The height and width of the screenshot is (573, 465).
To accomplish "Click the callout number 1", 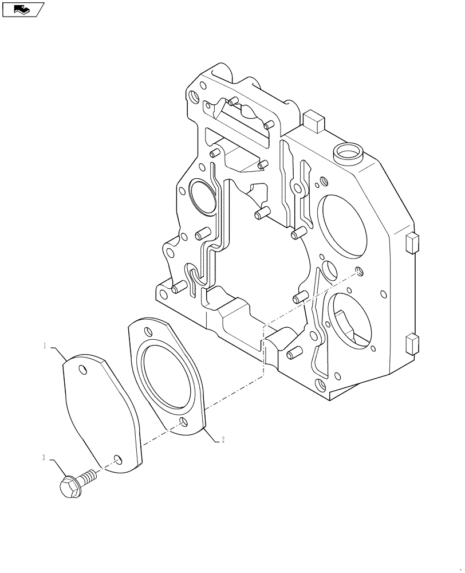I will pos(44,346).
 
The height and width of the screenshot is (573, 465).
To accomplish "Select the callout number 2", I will pos(223,440).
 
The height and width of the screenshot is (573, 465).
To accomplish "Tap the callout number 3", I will pos(44,458).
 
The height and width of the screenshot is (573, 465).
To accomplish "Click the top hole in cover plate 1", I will pos(84,370).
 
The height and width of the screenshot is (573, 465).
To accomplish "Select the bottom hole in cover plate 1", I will pos(117,459).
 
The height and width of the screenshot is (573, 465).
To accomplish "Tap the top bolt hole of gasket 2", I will pos(151,331).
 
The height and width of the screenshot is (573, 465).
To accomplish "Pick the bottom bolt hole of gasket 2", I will pos(182,422).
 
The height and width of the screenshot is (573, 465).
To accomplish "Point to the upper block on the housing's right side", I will pos(412,242).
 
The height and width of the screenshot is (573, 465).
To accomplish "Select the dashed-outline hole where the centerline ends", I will pos(358,270).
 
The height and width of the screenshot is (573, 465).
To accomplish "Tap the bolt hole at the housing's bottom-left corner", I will pos(165,295).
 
